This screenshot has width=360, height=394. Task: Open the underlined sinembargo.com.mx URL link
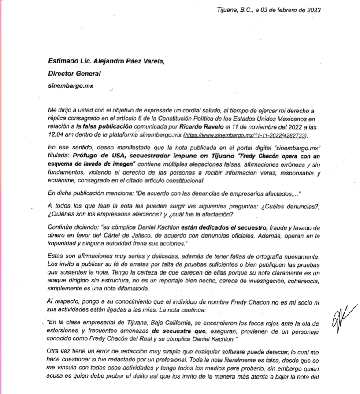tap(245, 135)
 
